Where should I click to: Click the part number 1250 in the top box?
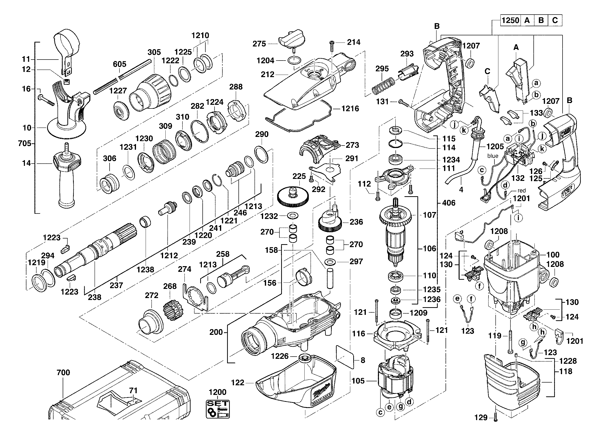[510, 20]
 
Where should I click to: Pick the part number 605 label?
[119, 64]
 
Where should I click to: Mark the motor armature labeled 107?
[395, 233]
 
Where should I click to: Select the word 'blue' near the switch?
[492, 156]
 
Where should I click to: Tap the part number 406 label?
[449, 203]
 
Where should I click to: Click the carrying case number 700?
[63, 372]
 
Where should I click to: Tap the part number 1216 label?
[350, 108]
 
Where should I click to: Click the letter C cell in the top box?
[555, 20]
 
